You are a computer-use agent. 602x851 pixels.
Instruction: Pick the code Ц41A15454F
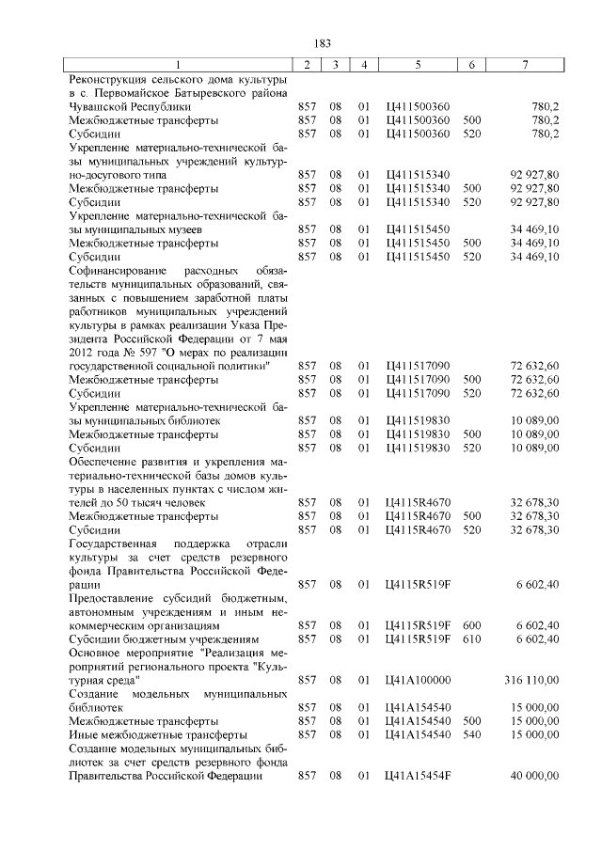point(418,776)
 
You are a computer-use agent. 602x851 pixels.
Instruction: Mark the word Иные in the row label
point(83,733)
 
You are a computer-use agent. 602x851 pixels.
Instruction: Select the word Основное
point(98,652)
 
